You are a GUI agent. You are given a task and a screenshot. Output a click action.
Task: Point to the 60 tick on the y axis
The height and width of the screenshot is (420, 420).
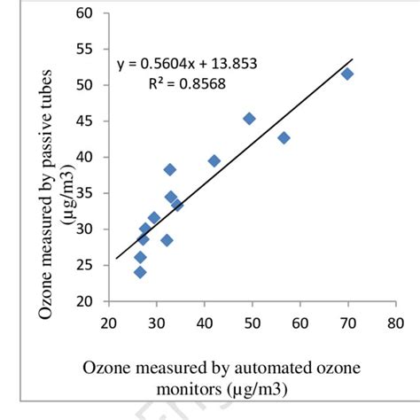(85, 14)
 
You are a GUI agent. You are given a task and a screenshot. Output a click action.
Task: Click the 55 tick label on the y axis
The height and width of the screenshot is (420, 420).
(85, 50)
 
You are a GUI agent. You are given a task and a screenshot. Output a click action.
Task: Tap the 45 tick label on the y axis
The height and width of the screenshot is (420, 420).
(85, 121)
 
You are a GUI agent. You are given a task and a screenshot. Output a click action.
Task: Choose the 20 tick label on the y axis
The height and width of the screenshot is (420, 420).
(85, 300)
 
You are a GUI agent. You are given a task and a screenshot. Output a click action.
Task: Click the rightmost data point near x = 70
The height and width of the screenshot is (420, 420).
(347, 74)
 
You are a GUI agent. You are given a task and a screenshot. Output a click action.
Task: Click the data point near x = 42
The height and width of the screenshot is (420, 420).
(214, 160)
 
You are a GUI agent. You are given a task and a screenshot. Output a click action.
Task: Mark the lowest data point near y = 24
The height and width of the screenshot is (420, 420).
(140, 272)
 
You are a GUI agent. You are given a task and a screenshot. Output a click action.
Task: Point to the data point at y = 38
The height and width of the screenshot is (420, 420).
(170, 169)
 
